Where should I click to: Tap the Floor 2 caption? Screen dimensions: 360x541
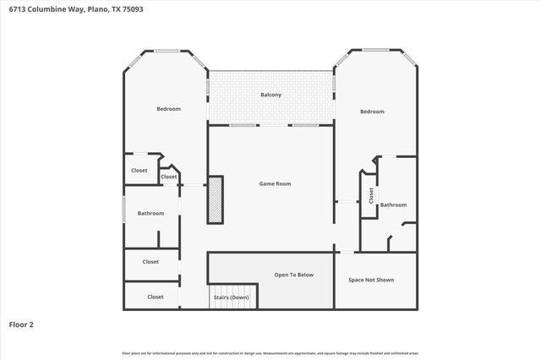click(x=21, y=324)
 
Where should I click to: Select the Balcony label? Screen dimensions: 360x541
click(x=270, y=95)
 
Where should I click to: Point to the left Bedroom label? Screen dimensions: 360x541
click(x=168, y=108)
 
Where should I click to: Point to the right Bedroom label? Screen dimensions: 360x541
click(x=372, y=112)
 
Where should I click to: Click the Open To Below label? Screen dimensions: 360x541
click(x=293, y=275)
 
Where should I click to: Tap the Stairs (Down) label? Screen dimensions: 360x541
click(x=231, y=297)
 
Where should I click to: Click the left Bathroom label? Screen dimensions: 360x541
click(x=150, y=213)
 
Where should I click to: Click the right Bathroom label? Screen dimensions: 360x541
click(x=393, y=205)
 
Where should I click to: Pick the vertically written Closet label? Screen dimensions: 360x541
click(x=370, y=195)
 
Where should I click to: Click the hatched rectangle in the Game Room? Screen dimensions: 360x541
click(x=216, y=199)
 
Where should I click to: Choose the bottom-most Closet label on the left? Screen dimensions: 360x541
click(x=156, y=297)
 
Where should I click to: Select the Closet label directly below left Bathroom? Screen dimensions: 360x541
click(x=150, y=262)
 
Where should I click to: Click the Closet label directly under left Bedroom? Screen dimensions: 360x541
click(x=139, y=171)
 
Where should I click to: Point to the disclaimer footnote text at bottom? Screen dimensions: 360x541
click(x=270, y=352)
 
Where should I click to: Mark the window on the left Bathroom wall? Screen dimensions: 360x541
click(x=124, y=208)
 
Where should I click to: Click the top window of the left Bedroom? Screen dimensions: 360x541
click(x=167, y=52)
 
